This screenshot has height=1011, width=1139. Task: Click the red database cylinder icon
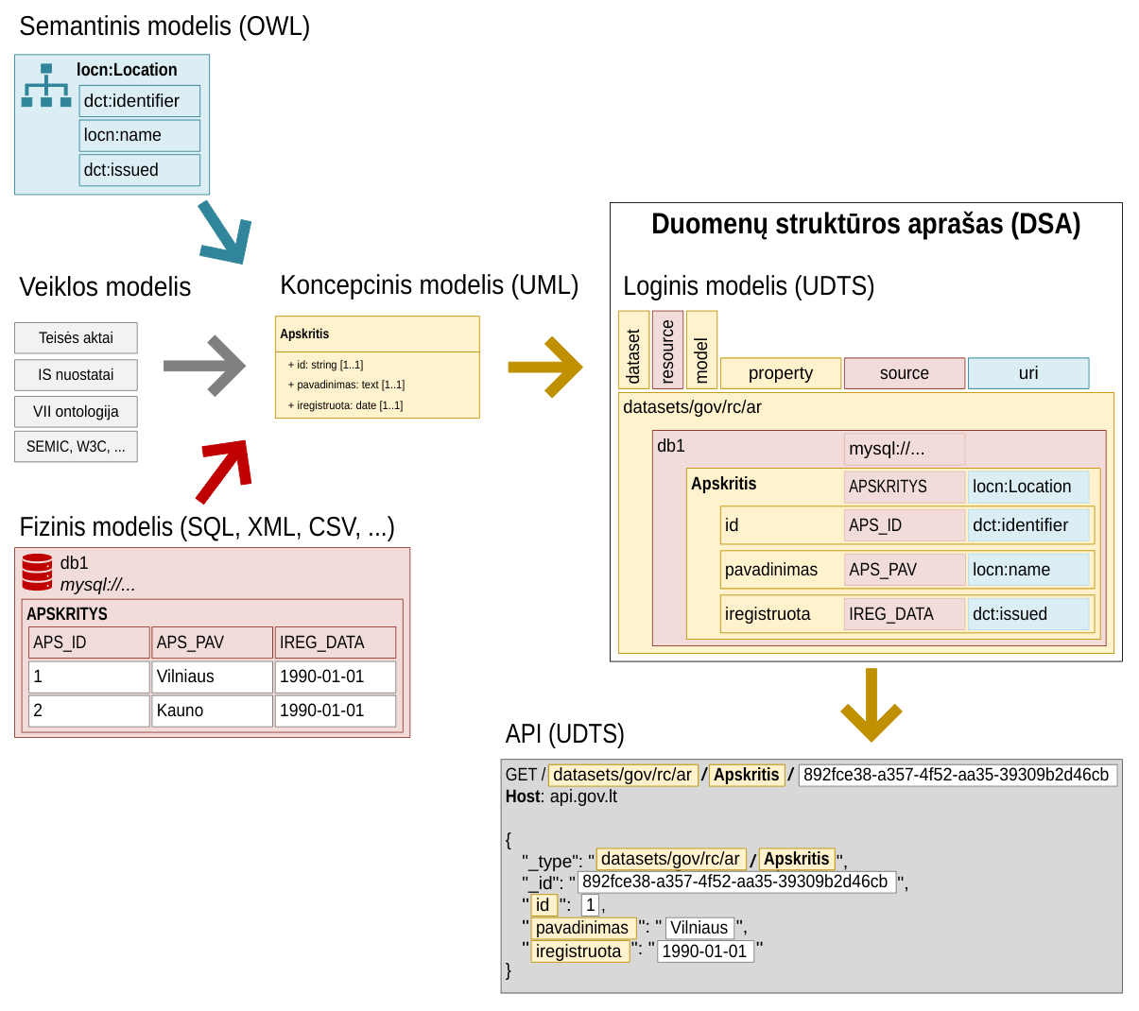point(38,573)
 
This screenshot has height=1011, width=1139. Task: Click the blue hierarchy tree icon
point(46,86)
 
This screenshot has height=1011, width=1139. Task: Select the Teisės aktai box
point(76,338)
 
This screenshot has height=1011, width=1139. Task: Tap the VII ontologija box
point(76,412)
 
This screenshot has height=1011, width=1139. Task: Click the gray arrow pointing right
point(204,366)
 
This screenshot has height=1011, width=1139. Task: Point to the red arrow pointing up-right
point(225,471)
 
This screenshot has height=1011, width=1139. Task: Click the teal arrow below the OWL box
point(226,231)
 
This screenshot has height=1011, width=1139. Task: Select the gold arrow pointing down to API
point(871,705)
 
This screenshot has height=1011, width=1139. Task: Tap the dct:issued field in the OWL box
point(139,170)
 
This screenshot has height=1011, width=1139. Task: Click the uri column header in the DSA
point(1028,373)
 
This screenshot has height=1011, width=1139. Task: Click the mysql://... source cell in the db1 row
point(904,449)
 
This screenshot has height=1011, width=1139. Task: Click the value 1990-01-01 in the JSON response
point(704,951)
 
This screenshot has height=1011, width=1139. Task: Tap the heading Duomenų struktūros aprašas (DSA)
point(866,225)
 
